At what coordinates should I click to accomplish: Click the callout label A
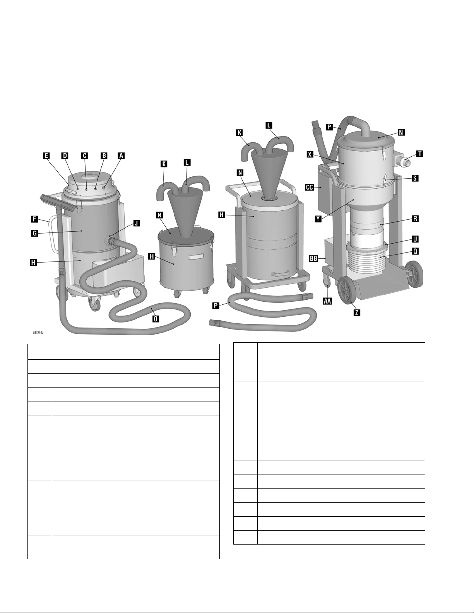pos(121,156)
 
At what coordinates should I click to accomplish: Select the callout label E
pos(46,156)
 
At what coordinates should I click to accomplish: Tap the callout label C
pos(84,156)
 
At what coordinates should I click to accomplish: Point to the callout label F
pos(34,219)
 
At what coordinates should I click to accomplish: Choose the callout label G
pos(34,233)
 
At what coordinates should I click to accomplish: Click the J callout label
pos(136,224)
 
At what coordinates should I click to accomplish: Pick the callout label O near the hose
pos(156,319)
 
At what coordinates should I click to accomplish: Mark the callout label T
pos(419,154)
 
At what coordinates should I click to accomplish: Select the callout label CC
pos(310,187)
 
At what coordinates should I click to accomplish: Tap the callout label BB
pos(314,258)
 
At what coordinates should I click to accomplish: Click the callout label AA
pos(327,301)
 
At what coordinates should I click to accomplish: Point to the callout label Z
pos(357,312)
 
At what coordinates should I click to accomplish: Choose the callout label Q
pos(415,251)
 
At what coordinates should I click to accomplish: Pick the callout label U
pos(415,239)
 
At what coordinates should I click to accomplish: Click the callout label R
pos(415,219)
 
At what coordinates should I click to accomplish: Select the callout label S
pos(415,178)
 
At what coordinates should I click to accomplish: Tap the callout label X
pos(310,154)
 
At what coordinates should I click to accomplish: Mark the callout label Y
pos(318,219)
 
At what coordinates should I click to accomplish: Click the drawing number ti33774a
pos(38,333)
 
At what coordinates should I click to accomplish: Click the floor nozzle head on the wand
pos(58,203)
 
